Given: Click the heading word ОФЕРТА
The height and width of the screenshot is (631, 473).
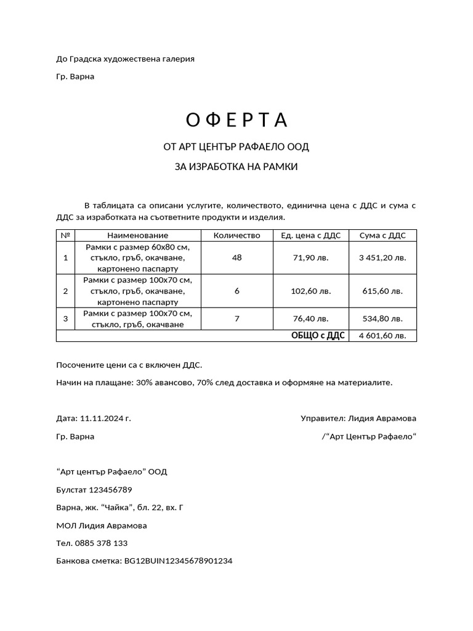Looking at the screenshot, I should tap(236, 120).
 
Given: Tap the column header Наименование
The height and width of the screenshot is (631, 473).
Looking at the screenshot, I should tap(137, 235).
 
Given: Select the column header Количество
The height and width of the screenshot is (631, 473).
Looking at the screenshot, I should tap(236, 235).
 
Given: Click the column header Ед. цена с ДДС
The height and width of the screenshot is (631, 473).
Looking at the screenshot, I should tap(310, 235).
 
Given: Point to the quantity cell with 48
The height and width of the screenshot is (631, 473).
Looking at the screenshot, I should tap(236, 258).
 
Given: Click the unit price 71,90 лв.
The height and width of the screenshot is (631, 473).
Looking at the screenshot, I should tap(310, 258).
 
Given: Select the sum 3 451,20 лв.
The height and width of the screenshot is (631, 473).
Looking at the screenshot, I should tap(382, 258).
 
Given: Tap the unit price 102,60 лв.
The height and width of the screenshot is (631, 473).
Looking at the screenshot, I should tap(310, 291).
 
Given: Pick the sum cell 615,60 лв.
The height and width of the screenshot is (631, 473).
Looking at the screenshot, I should tap(382, 291).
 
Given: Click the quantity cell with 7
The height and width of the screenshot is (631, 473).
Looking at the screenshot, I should tap(236, 319).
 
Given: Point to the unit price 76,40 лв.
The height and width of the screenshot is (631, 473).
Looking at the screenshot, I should tap(310, 319).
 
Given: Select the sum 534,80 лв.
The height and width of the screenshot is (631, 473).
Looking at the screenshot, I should tap(382, 319).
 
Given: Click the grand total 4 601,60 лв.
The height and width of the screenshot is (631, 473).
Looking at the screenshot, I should tap(382, 336).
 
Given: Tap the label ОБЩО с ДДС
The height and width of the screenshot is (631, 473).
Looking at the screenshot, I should tap(318, 335).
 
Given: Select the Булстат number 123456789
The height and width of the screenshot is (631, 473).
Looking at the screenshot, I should tap(110, 490).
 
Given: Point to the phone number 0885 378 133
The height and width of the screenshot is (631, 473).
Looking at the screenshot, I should tap(100, 543).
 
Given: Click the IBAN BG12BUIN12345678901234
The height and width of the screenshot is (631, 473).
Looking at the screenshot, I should tap(178, 561).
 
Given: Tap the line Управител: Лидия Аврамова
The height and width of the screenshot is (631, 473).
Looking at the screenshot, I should tap(358, 418).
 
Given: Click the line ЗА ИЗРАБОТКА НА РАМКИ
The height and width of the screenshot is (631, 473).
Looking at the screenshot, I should tap(236, 167).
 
